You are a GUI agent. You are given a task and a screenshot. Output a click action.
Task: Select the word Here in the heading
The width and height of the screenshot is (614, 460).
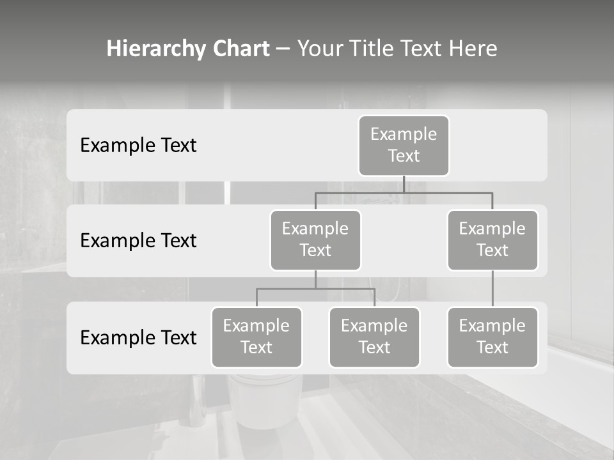[474, 49]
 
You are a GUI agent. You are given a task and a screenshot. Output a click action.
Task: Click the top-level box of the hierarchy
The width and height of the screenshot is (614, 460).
[404, 145]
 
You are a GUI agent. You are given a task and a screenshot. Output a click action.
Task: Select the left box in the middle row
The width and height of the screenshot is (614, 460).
[315, 240]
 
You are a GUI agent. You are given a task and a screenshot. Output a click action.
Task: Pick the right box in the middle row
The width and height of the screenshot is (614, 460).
[492, 240]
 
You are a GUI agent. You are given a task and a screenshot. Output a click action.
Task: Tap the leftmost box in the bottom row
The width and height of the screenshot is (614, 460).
[256, 337]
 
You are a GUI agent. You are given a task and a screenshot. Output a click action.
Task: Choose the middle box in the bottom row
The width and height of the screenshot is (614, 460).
[374, 337]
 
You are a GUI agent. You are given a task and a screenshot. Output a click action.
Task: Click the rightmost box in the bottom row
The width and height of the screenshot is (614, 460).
[492, 337]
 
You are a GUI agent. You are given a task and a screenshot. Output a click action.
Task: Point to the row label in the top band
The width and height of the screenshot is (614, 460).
[138, 145]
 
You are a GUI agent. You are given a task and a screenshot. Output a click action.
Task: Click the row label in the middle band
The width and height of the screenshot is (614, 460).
[138, 240]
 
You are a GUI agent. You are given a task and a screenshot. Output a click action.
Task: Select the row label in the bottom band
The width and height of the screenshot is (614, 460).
[138, 337]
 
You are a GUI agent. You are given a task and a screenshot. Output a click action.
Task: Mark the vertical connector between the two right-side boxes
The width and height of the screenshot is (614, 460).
[492, 289]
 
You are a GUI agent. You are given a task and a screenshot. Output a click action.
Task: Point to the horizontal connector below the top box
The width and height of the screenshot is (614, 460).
[404, 192]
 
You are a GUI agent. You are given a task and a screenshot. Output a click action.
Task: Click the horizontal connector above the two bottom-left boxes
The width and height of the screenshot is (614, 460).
[315, 289]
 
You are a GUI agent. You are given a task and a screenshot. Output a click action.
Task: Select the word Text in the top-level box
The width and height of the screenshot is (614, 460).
[404, 156]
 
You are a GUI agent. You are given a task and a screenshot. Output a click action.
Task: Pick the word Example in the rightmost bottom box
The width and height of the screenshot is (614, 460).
[492, 326]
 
